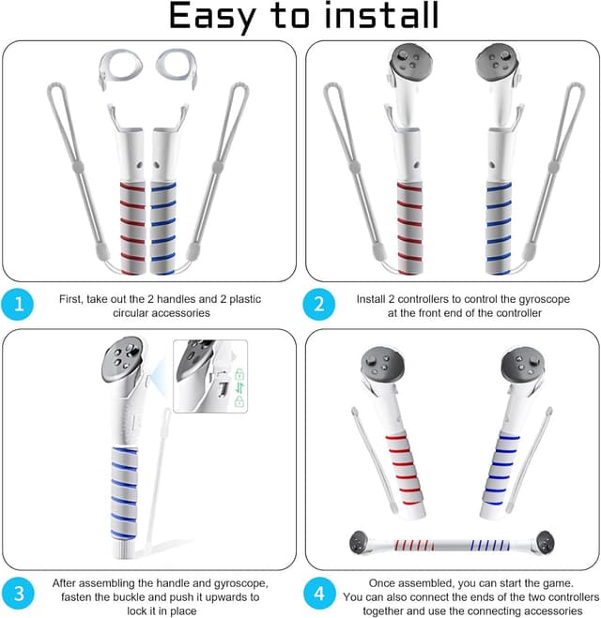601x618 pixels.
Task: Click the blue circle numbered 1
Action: (x=17, y=304)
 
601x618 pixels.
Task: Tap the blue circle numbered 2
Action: (x=319, y=304)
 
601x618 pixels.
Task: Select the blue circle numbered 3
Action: (x=18, y=594)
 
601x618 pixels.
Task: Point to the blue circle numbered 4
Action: (x=319, y=594)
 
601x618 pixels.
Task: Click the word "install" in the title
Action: (x=381, y=15)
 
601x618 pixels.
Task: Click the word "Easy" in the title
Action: (x=213, y=17)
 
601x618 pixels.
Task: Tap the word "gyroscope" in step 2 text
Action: (x=544, y=299)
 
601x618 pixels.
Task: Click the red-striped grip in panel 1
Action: (x=132, y=228)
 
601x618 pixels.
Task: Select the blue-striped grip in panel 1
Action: (x=163, y=228)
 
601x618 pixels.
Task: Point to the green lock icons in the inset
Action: (x=239, y=387)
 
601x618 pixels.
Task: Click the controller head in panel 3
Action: (x=122, y=359)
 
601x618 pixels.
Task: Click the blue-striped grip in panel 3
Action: (x=124, y=493)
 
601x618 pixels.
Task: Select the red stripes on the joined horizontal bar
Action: (x=414, y=546)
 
